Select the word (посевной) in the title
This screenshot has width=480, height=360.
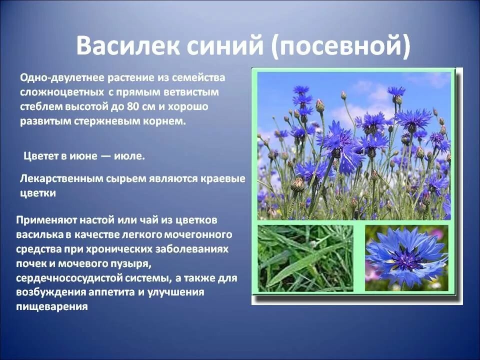pos(341,47)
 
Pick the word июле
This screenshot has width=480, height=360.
pos(129,156)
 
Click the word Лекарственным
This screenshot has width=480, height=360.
pos(61,179)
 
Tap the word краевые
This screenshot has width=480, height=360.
pos(223,179)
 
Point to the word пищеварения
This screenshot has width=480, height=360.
pos(52,307)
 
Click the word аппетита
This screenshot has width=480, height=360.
pos(111,292)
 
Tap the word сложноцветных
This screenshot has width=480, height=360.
pos(61,92)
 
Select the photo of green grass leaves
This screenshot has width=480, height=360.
pos(305,258)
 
